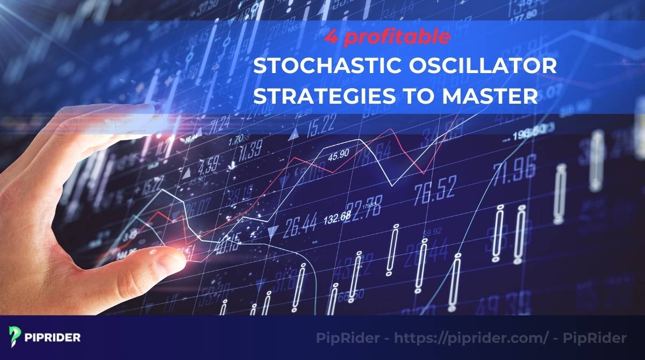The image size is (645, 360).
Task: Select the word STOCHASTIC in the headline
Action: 326,68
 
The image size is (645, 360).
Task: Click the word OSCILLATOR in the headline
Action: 481,68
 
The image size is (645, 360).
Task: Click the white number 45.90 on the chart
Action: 339,156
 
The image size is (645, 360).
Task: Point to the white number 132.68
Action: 337,217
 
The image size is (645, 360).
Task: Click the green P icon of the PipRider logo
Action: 14,337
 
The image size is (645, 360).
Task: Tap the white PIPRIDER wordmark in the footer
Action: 53,337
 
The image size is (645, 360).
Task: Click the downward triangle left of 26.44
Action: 274,232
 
